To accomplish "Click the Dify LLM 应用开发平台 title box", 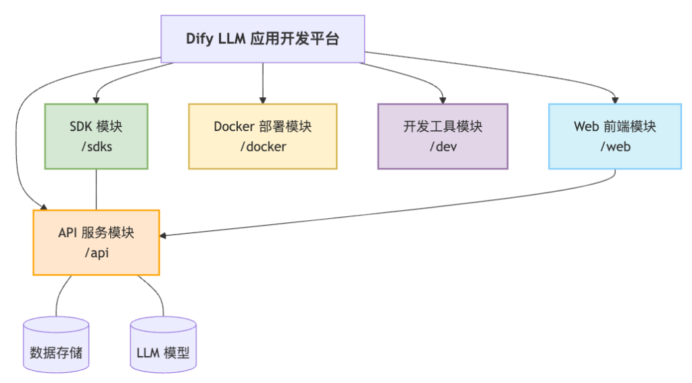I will coord(262,39).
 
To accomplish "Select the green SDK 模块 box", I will coord(96,136).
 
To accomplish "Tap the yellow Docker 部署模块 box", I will coord(262,136).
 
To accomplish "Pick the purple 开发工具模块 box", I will coord(443,136).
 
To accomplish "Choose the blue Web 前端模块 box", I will coord(614,136).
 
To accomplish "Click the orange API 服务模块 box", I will coord(96,242).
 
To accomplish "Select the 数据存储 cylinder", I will coord(56,346).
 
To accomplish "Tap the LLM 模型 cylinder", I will coord(163,346).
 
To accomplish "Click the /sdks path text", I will coord(96,147).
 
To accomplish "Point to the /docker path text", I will coord(262,147).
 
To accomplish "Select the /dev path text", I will coord(443,147).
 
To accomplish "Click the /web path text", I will coord(614,147).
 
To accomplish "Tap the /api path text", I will coord(96,253).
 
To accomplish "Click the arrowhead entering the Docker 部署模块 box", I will coord(262,99).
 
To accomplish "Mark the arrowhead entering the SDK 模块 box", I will coord(96,99).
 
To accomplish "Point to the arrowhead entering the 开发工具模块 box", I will coord(443,99).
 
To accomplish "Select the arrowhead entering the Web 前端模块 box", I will coord(614,99).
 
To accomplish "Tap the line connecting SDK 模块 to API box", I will coord(96,189).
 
